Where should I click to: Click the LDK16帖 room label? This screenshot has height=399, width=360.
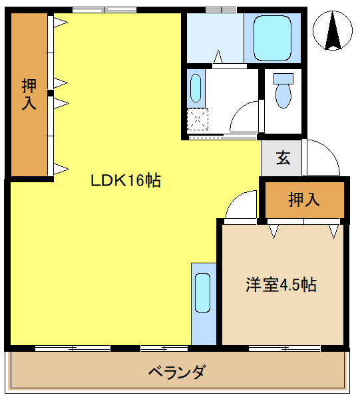pos(126,180)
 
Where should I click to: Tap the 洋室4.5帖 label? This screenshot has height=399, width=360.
pos(280,285)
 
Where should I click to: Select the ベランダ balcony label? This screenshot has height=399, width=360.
pos(177,372)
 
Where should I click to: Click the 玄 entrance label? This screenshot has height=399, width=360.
pos(283,158)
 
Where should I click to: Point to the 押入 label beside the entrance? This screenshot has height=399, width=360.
pos(304,199)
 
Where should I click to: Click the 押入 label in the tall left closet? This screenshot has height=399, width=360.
pos(29,94)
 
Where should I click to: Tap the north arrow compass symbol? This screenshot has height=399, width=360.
pos(335,31)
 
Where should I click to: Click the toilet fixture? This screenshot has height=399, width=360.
pos(283,91)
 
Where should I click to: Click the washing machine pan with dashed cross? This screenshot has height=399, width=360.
pos(198,120)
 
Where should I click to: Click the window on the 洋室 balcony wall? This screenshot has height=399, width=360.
pos(285,348)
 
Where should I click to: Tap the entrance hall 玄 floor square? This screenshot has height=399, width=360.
pos(282,158)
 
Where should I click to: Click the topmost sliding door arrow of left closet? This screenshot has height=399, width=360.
pos(60,23)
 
